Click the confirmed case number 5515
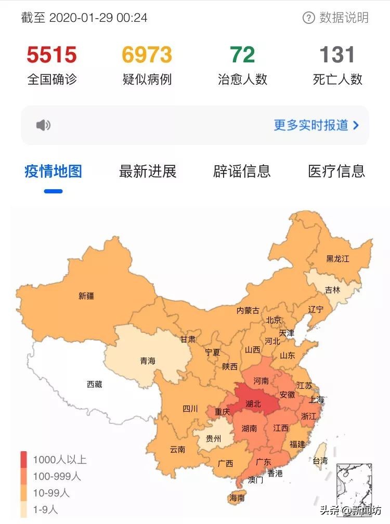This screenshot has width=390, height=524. point(51,55)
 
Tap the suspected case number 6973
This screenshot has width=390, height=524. point(147,55)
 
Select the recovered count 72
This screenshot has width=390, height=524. point(242,55)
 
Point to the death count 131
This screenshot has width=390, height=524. point(337,55)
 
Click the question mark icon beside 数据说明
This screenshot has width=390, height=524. point(309,18)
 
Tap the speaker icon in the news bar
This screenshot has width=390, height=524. point(43,125)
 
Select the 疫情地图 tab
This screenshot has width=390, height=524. point(53,171)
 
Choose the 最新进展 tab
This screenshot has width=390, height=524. point(148,171)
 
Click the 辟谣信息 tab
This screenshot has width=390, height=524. point(242,171)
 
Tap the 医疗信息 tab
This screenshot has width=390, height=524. point(336,171)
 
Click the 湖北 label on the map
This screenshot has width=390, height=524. point(253,403)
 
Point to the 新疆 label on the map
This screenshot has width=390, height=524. point(86,296)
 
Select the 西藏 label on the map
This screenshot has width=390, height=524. point(95,385)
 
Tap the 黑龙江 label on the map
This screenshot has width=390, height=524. point(337,258)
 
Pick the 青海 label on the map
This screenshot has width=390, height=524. point(148,361)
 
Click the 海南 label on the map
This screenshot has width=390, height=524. point(238,498)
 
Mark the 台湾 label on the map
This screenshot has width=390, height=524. point(320,461)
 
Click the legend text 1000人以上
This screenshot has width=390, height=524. point(60,460)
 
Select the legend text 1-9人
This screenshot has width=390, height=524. point(46,509)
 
